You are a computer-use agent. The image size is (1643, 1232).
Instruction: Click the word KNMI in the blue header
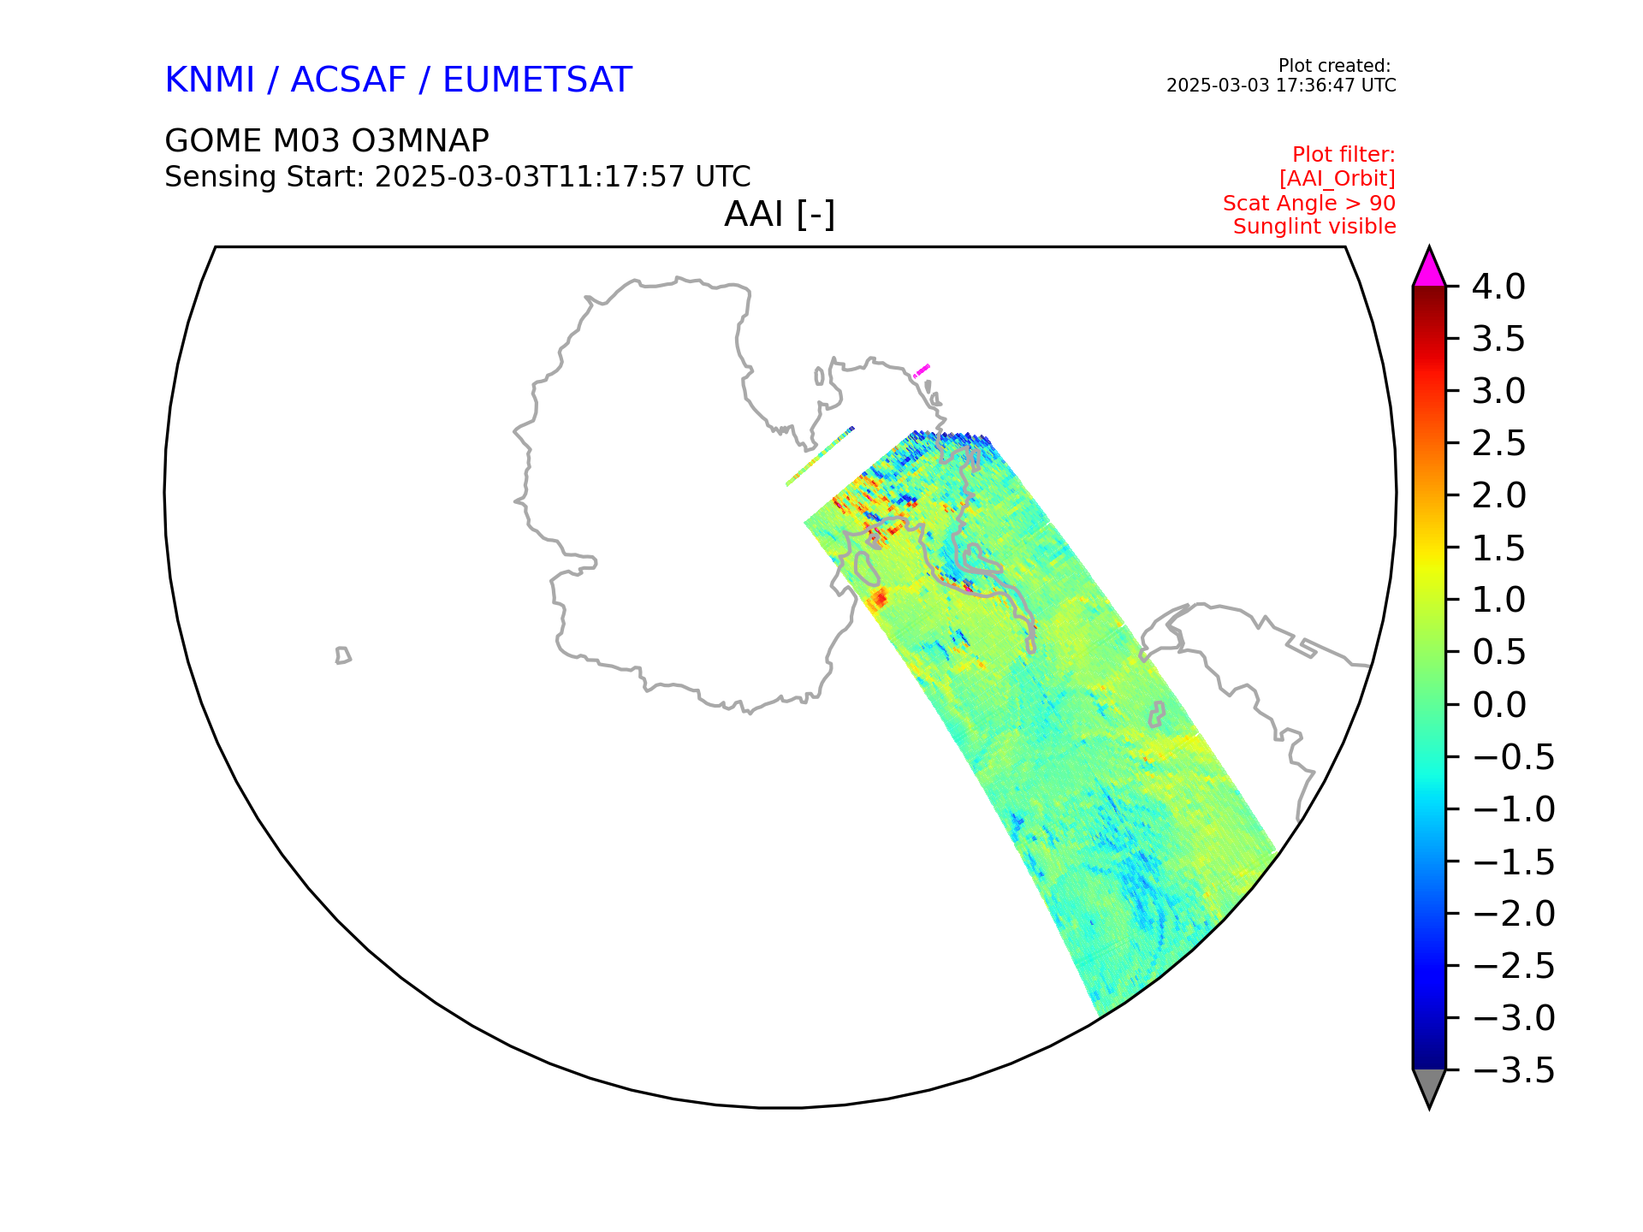pos(210,80)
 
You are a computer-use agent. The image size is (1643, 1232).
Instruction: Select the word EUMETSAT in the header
pos(537,80)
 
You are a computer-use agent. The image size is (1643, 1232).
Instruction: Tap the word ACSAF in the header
pos(348,80)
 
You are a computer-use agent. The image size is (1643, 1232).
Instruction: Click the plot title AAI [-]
pos(780,214)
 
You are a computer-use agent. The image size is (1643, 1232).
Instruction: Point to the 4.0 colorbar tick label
pos(1498,287)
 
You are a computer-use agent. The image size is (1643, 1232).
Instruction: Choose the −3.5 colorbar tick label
pos(1513,1070)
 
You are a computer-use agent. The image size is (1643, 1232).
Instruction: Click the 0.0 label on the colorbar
pos(1498,705)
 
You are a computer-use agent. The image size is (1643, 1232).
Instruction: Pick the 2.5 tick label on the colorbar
pos(1498,444)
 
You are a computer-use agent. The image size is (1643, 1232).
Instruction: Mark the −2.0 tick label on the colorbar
pos(1513,914)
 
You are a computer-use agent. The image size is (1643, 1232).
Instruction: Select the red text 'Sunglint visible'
pos(1314,227)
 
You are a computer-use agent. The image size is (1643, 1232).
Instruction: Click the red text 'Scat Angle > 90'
pos(1309,204)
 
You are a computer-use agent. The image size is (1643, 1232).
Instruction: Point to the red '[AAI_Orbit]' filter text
pos(1338,179)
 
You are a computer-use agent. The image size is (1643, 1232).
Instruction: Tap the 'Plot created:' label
pos(1334,66)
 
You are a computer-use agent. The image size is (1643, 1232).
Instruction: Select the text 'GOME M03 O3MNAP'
pos(327,140)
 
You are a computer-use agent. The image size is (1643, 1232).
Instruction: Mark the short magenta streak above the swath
pos(922,370)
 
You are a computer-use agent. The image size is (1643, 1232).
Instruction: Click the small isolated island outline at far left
pos(343,655)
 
